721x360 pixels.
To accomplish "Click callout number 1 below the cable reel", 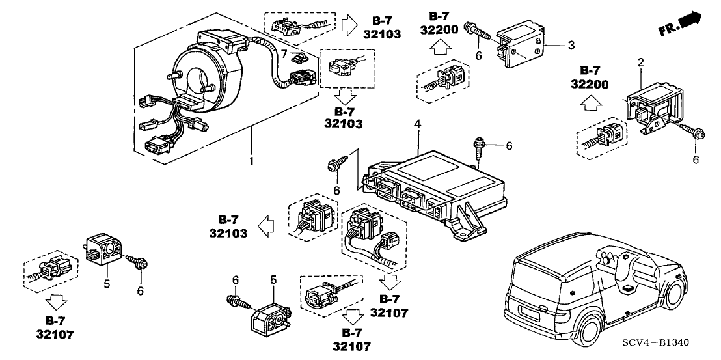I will [x=251, y=159].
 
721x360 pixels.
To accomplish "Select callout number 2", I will [x=640, y=63].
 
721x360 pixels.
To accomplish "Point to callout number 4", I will [x=417, y=123].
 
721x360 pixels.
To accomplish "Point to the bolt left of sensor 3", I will [x=477, y=32].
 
